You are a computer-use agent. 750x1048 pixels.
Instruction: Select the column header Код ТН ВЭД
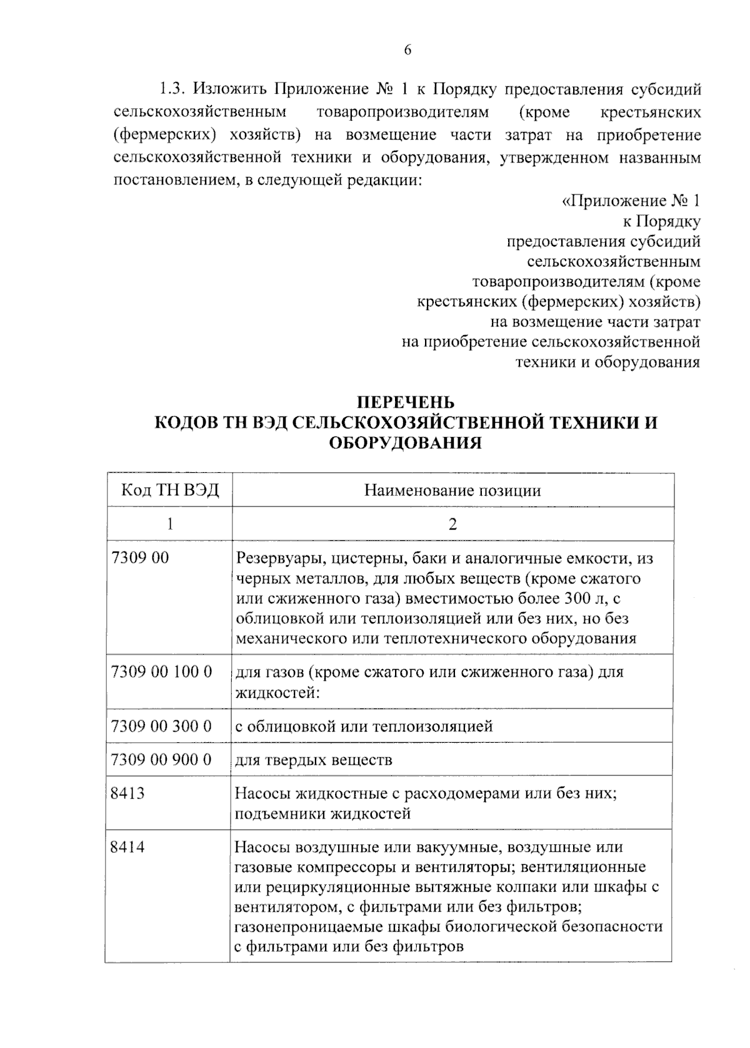point(170,490)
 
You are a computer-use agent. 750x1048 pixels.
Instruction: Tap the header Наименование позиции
point(452,490)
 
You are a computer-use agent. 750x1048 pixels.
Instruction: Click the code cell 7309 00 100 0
point(161,672)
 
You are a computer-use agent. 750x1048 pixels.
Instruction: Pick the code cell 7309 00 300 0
point(161,726)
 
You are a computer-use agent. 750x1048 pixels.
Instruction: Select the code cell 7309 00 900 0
point(161,760)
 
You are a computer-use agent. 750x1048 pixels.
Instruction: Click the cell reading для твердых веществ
point(313,760)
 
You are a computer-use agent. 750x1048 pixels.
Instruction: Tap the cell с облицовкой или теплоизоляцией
point(364,727)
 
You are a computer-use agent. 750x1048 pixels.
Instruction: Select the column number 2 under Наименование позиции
point(452,523)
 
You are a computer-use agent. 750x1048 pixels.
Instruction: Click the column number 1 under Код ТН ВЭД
point(169,523)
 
